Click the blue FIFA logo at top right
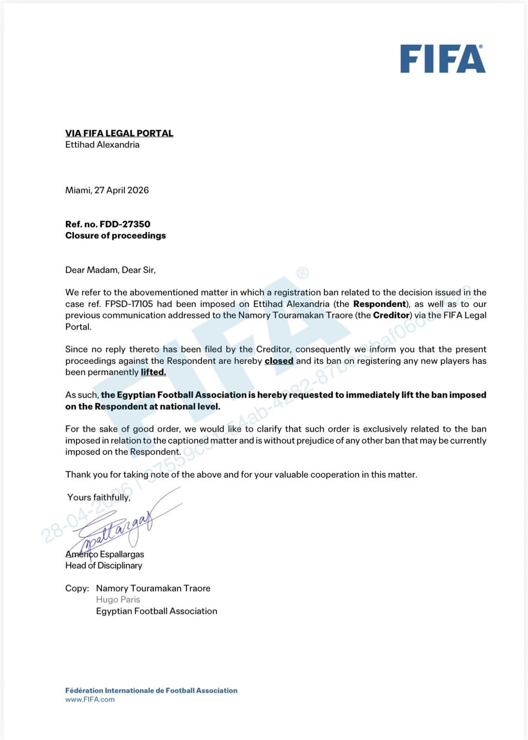442,59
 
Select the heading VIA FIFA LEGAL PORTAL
119,133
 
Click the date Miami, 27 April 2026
107,190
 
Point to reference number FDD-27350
125,224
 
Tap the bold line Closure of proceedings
115,235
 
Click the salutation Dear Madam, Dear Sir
110,270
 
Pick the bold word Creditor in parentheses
391,315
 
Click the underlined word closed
279,361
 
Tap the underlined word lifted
153,372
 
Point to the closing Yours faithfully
98,497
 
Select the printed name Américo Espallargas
104,554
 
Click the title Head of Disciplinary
104,565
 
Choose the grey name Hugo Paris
118,599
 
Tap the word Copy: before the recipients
77,588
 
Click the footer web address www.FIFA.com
90,699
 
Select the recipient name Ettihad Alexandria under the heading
102,145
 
